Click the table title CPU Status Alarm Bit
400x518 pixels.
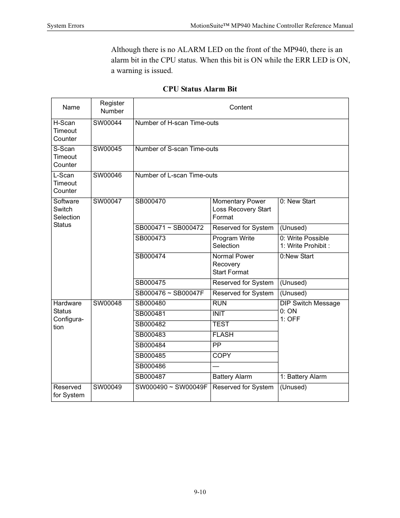[x=200, y=89]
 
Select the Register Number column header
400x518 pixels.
[x=112, y=107]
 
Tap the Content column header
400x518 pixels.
[x=241, y=107]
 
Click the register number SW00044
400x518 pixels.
[x=107, y=123]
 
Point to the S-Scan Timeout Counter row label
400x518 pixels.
[x=65, y=157]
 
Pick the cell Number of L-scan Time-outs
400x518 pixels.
[x=176, y=175]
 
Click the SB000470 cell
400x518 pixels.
[x=150, y=201]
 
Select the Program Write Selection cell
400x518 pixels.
[x=234, y=242]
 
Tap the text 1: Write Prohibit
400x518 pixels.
[x=305, y=246]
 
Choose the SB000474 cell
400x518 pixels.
[x=150, y=256]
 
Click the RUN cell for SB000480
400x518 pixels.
[x=219, y=303]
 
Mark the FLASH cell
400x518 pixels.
[x=223, y=335]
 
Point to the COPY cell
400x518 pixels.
[x=221, y=356]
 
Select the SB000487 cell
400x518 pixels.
[x=150, y=377]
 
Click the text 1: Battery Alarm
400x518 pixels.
[x=303, y=377]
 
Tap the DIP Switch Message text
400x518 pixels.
[x=310, y=303]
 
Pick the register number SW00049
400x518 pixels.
[x=107, y=387]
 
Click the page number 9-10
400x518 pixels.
[x=200, y=492]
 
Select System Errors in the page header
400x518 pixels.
[x=65, y=26]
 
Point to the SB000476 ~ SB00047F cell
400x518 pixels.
[x=169, y=293]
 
